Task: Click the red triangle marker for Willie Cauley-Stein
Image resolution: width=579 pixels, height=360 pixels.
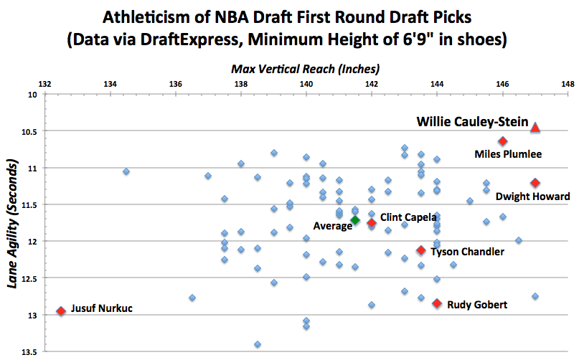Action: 535,128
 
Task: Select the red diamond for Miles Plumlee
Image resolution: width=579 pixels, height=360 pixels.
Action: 503,141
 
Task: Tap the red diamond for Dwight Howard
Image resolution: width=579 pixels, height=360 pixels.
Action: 535,183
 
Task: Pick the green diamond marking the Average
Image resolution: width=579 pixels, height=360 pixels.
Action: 355,219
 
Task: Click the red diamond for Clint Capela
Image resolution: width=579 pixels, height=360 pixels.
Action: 372,223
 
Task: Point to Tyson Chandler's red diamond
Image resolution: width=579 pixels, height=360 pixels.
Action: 421,250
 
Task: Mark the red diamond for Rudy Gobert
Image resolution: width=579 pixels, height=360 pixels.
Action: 437,303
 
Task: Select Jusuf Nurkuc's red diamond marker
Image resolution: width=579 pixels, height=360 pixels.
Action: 61,311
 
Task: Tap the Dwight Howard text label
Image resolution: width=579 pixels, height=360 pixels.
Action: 533,196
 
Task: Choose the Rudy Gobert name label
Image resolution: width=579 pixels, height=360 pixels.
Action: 477,305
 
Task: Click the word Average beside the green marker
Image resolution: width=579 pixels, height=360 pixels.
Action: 332,226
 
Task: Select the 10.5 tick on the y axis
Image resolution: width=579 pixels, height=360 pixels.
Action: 30,131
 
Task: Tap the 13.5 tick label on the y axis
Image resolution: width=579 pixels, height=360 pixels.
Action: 30,351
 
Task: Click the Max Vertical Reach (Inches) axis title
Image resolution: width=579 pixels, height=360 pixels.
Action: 305,69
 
